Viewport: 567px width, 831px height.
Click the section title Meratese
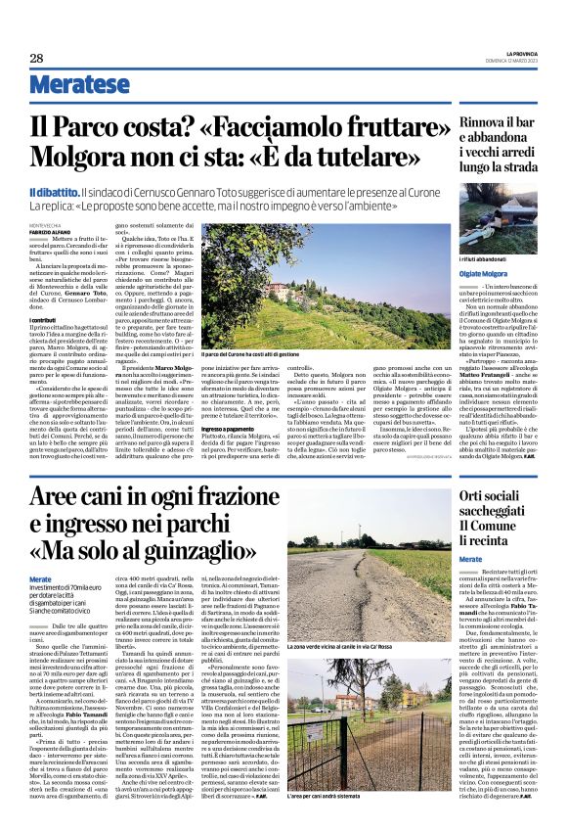point(79,83)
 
